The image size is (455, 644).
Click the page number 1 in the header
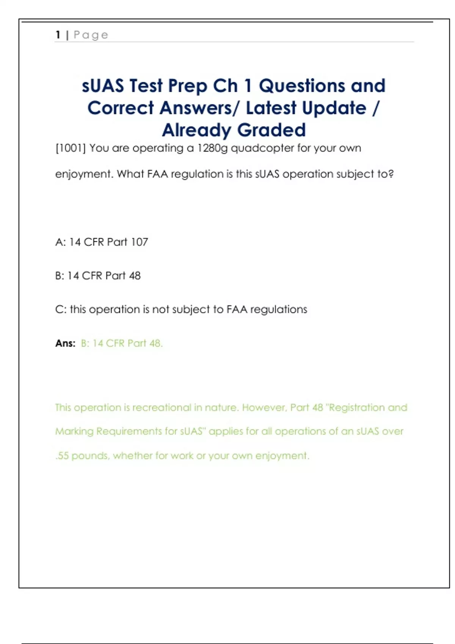click(58, 35)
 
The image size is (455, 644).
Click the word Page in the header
click(91, 35)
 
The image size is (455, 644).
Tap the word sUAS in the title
click(103, 86)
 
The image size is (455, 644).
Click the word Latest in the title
click(271, 108)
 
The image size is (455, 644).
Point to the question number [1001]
click(71, 148)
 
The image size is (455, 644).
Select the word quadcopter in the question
click(262, 148)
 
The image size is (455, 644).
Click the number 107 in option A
click(139, 242)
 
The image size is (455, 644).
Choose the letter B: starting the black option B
click(60, 276)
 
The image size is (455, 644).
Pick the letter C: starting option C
click(61, 309)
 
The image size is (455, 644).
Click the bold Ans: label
click(65, 343)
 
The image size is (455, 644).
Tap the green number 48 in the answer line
click(155, 343)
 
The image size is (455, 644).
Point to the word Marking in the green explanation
click(74, 431)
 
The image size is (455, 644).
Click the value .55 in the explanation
click(62, 456)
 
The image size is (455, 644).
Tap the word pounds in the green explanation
click(90, 456)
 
